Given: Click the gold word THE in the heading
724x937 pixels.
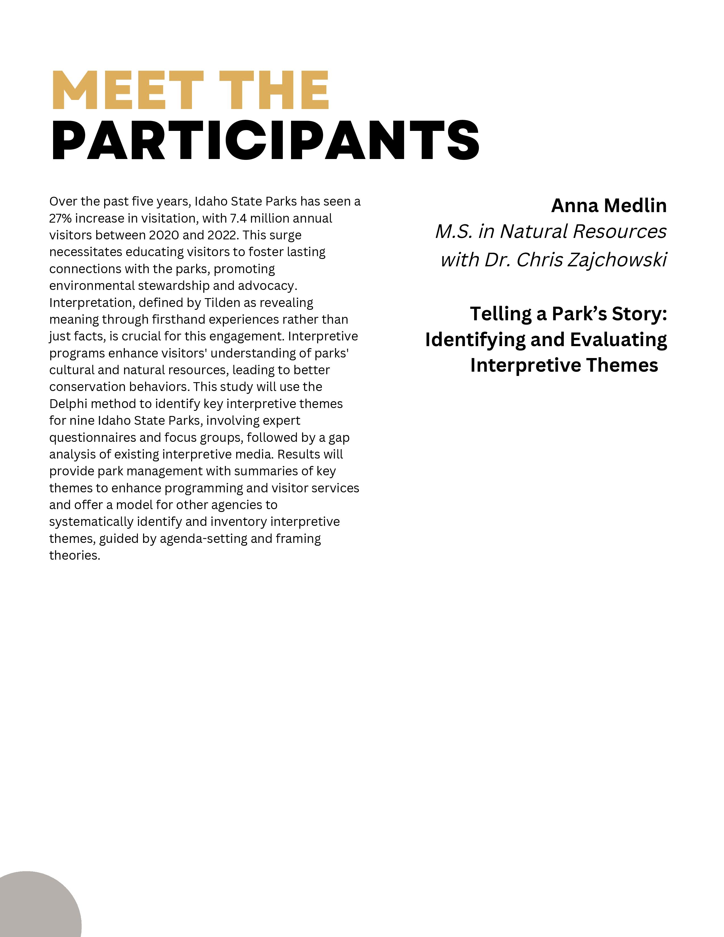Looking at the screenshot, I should pyautogui.click(x=274, y=91).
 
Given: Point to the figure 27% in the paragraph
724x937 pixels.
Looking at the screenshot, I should pyautogui.click(x=60, y=218).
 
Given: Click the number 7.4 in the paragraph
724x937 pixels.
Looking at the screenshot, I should pyautogui.click(x=238, y=218).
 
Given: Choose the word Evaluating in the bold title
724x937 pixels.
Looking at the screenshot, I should pyautogui.click(x=618, y=340).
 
